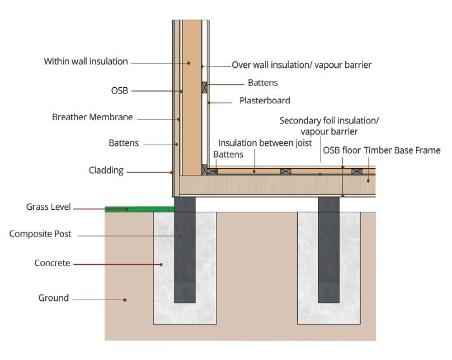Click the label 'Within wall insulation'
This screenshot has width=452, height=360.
click(x=85, y=62)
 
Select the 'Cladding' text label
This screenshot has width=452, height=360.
click(x=106, y=171)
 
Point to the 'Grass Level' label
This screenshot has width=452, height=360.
click(x=49, y=207)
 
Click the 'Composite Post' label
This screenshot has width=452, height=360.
click(x=40, y=234)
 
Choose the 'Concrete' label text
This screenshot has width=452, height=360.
click(x=52, y=263)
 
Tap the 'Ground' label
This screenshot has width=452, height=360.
click(x=54, y=298)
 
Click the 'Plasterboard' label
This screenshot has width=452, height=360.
click(x=265, y=100)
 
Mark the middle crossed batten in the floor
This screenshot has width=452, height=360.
click(x=285, y=171)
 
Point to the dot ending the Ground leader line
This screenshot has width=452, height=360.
click(x=125, y=300)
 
